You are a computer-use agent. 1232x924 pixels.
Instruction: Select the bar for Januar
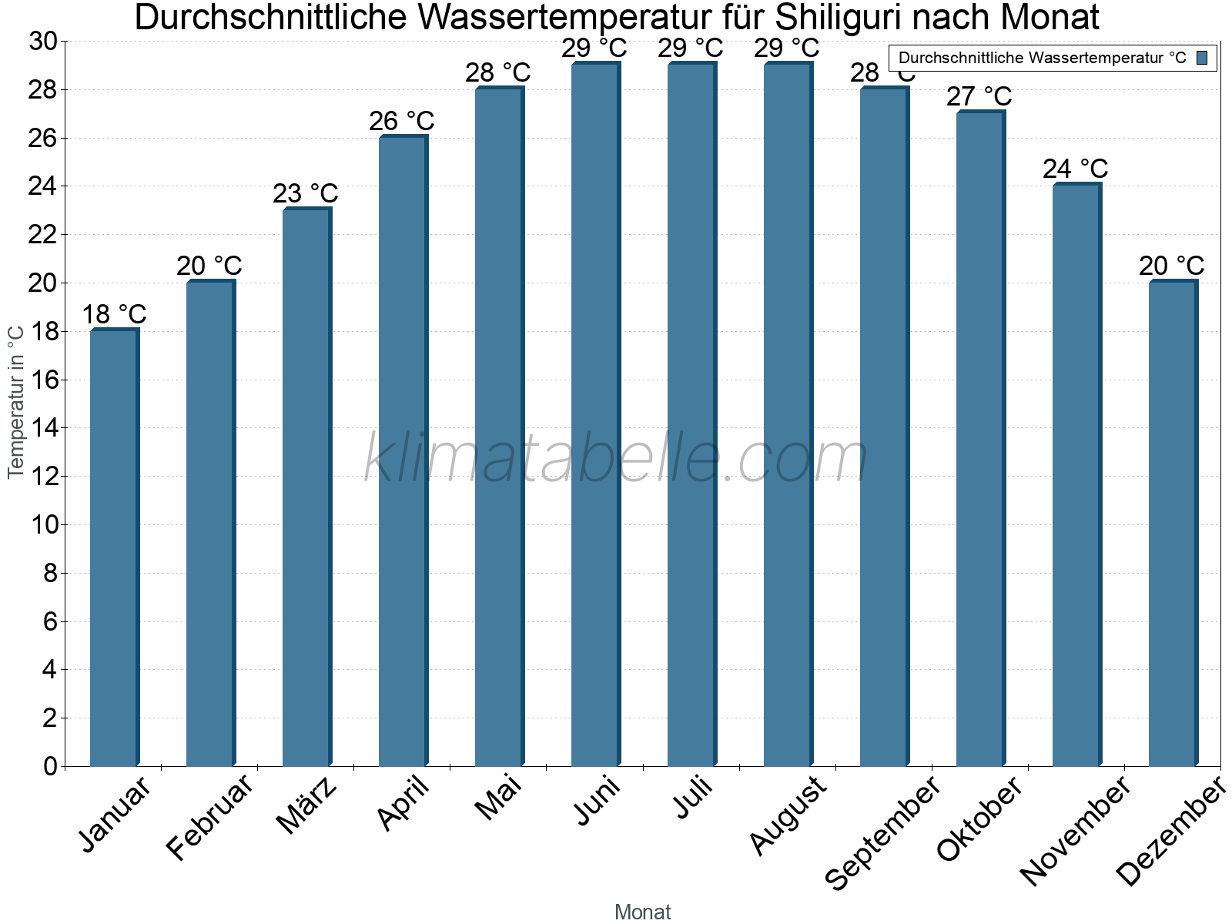point(114,547)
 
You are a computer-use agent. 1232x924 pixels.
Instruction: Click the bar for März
point(306,487)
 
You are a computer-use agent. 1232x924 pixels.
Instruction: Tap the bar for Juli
point(691,414)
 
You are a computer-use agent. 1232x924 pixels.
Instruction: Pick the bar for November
point(1076,475)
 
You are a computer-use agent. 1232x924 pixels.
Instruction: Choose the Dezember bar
point(1173,524)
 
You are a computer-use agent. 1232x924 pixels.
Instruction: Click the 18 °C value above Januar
point(114,314)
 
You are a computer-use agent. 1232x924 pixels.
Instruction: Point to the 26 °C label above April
point(402,121)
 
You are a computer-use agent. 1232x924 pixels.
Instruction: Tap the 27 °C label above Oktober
point(979,96)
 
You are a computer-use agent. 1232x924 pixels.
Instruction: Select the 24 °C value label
point(1076,169)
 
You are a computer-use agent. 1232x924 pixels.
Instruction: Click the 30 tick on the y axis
point(43,42)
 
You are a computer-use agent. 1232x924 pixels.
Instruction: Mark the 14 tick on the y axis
point(43,428)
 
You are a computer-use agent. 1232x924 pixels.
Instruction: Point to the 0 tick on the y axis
point(51,766)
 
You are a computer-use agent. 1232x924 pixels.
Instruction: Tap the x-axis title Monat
point(643,912)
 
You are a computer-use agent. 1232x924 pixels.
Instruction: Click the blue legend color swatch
point(1202,58)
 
